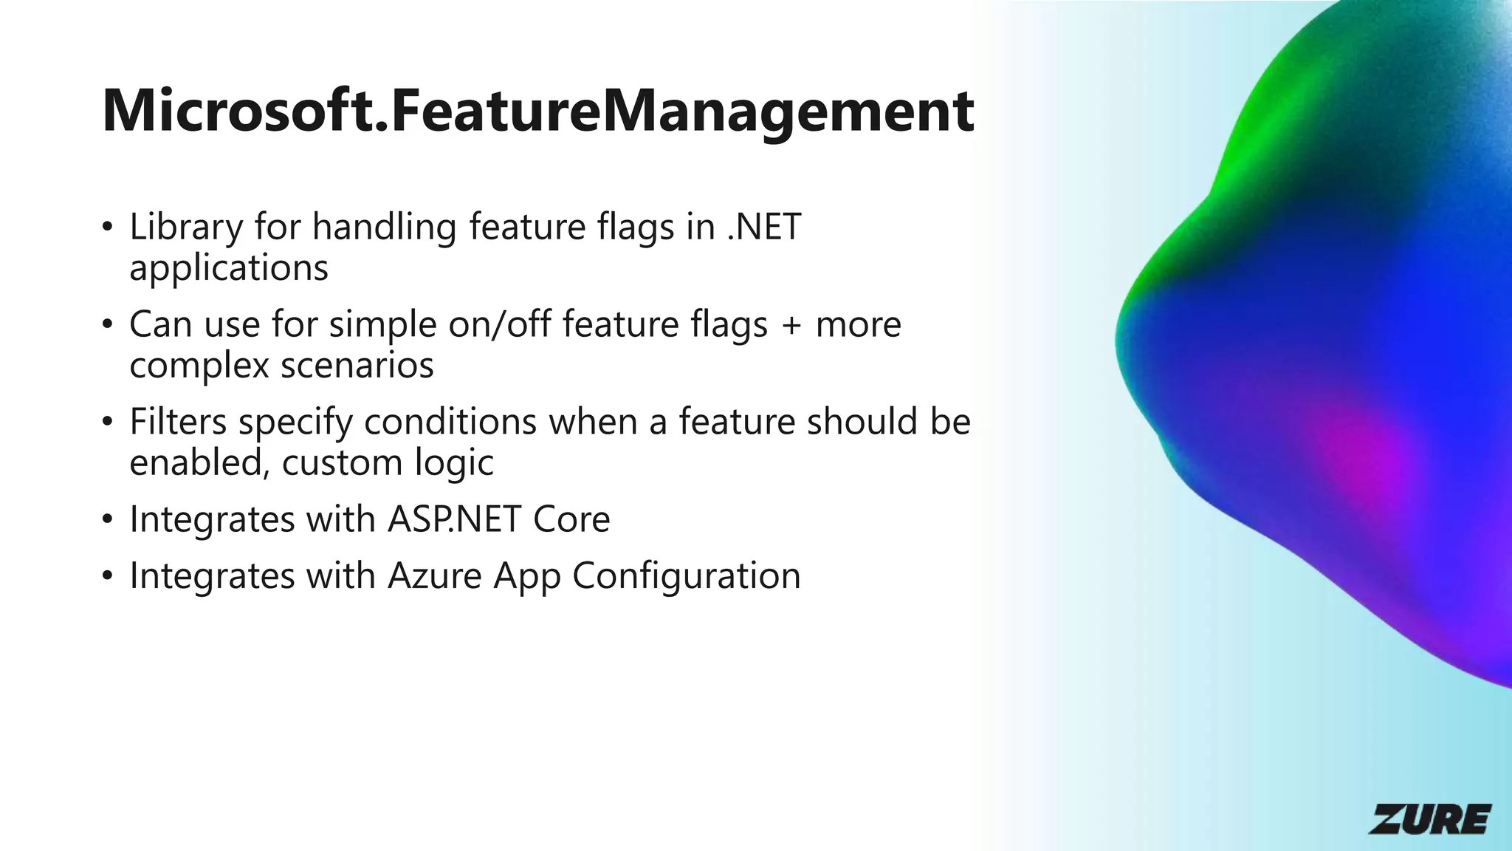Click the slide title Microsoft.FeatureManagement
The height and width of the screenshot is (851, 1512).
coord(537,111)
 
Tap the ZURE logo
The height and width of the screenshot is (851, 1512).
coord(1429,818)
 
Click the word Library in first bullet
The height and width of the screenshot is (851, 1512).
coord(185,228)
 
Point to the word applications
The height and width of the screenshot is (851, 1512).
coord(229,268)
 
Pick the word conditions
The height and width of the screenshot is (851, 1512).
coord(450,422)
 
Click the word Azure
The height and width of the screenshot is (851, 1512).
coord(435,575)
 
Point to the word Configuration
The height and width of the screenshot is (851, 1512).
coord(686,575)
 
